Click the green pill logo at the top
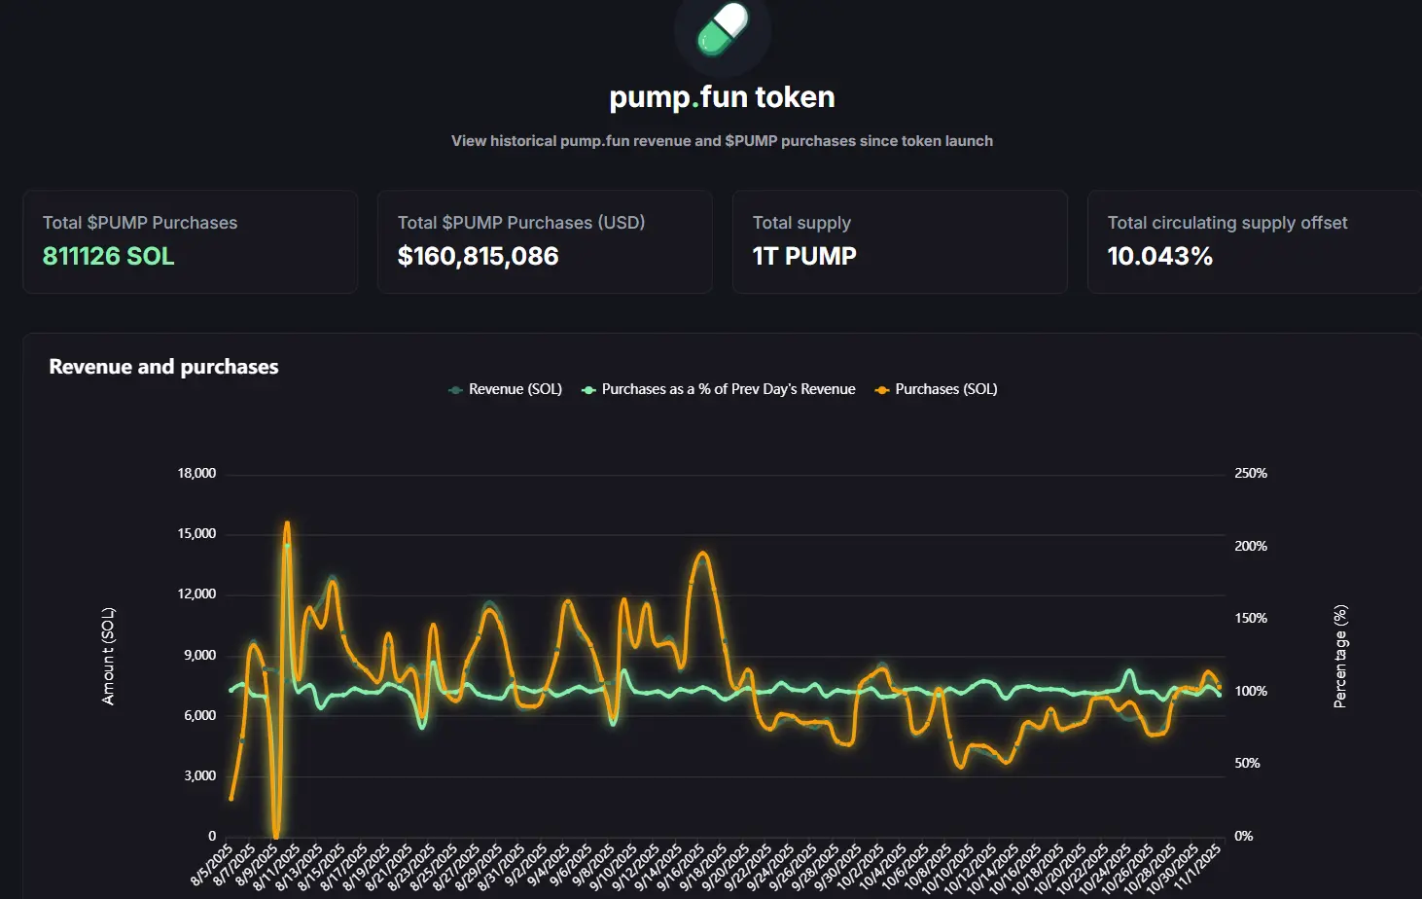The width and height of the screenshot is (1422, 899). pos(723,28)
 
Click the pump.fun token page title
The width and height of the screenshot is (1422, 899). pos(722,97)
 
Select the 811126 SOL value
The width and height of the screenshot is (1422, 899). pos(108,256)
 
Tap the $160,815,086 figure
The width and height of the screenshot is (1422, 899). pos(478,256)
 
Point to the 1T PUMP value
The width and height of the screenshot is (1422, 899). pos(804,256)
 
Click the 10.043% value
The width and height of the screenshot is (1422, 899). pos(1159,256)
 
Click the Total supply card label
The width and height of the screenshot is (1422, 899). pos(801,223)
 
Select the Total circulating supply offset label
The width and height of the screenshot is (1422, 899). pos(1226,223)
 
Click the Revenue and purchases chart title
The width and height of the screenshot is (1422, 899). pos(163,367)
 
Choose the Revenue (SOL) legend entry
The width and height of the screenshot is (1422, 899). pos(515,389)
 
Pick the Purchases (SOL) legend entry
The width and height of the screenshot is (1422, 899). pos(945,389)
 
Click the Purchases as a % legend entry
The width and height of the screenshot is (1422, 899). pos(728,389)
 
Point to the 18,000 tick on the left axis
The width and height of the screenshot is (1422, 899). pos(196,474)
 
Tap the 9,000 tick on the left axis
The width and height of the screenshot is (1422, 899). pos(199,655)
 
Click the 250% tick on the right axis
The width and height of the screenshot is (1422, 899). pos(1251,474)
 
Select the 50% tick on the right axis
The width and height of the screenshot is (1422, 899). pos(1247,764)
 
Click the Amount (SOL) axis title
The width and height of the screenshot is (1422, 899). pos(108,656)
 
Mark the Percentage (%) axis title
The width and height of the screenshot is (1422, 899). pos(1340,656)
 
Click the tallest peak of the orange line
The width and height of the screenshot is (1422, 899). pos(287,523)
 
